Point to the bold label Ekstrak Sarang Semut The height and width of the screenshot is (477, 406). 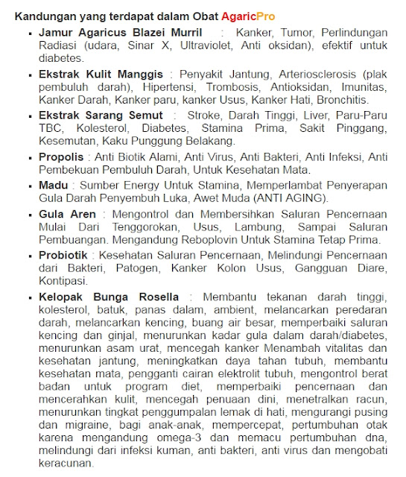101,116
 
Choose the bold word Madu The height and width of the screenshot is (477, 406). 53,185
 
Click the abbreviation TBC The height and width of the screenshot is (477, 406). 52,128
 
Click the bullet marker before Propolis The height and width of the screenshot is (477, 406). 29,158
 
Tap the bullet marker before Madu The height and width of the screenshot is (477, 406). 29,186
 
